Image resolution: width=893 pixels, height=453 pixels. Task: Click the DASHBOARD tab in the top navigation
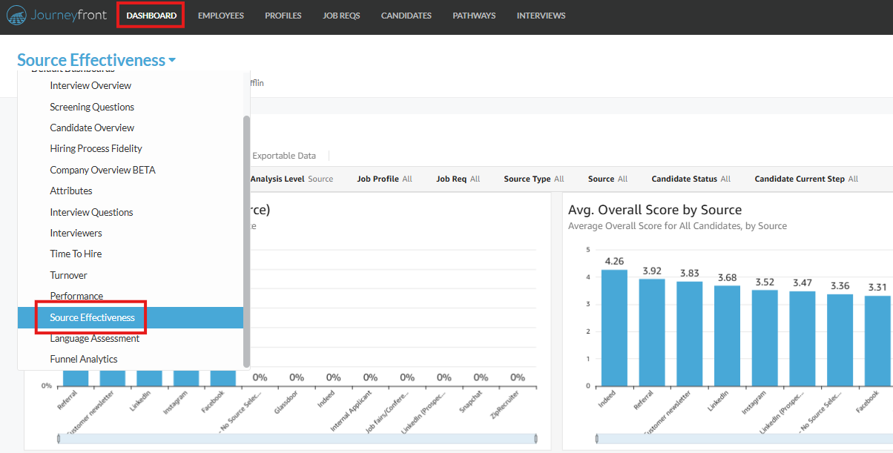coord(151,16)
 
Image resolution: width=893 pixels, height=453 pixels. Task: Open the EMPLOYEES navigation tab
coord(221,16)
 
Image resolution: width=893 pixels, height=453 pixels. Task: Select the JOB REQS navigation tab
coord(341,16)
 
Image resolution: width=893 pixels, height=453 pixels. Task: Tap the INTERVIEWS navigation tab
coord(541,16)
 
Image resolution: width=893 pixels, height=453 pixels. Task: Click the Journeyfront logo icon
coord(17,16)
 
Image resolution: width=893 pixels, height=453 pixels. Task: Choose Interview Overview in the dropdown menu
coord(90,85)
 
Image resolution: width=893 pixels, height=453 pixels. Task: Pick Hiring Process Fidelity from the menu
coord(96,148)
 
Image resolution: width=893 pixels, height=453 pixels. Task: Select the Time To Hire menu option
coord(76,254)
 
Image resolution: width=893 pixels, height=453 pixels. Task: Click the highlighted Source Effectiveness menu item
coord(92,317)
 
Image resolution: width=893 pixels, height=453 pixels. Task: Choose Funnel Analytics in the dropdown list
coord(84,359)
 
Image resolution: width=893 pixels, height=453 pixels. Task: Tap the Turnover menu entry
coord(68,275)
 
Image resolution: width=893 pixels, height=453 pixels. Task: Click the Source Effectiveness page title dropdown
coord(96,60)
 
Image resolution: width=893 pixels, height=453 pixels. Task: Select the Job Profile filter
coord(384,179)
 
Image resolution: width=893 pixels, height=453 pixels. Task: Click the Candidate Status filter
coord(691,179)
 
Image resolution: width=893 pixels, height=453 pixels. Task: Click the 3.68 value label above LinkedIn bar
coord(727,278)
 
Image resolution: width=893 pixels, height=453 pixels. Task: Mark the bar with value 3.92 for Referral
coord(652,331)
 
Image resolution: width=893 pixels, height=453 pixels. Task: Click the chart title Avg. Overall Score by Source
coord(654,210)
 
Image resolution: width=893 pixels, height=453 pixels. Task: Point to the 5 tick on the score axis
coord(587,250)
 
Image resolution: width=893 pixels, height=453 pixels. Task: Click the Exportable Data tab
coord(284,156)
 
